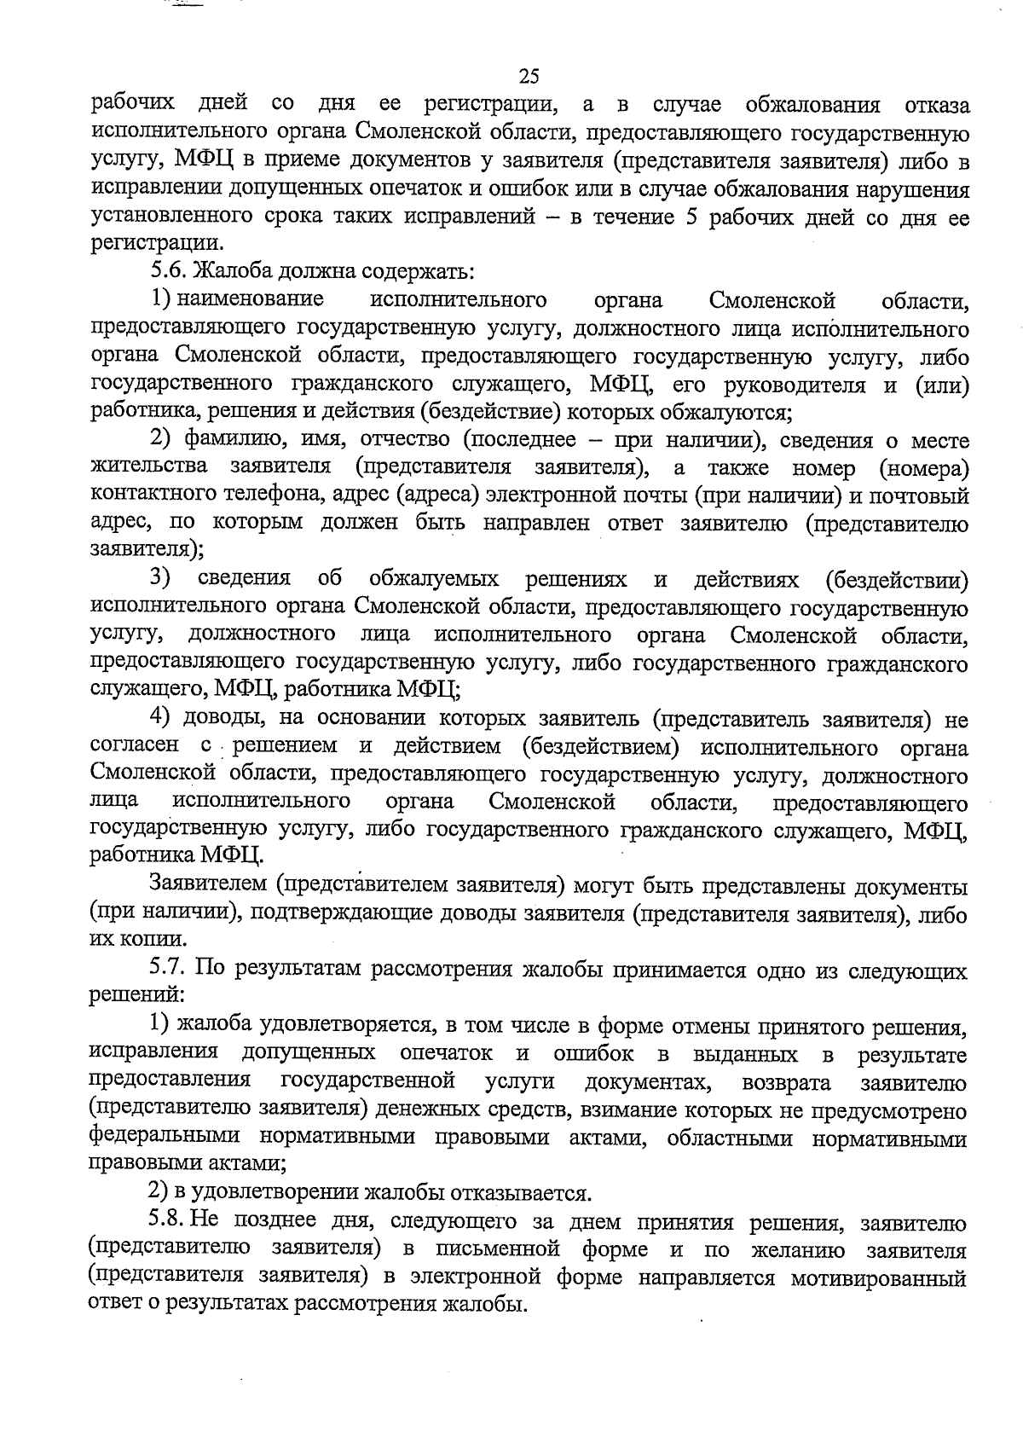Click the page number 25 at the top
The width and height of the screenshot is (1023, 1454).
[x=529, y=77]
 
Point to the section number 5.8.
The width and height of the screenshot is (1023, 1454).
[x=169, y=1223]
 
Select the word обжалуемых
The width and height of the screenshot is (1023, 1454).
[x=435, y=580]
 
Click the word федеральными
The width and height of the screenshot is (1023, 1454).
[x=161, y=1138]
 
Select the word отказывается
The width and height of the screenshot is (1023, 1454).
[x=519, y=1193]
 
